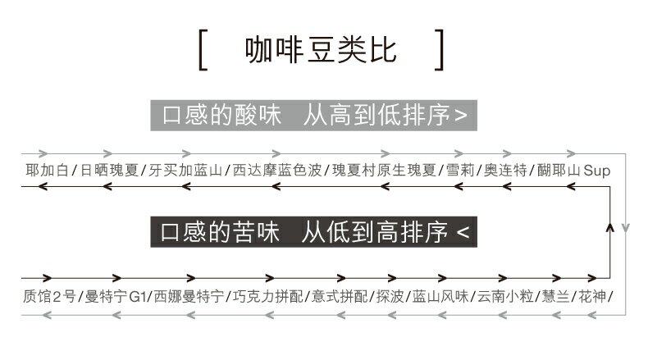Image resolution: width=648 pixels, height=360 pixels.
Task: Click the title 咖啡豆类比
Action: [322, 49]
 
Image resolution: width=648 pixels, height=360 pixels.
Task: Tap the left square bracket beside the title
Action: [203, 50]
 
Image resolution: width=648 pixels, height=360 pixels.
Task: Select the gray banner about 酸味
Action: [315, 114]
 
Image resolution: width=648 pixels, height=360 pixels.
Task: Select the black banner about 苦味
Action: [315, 232]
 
